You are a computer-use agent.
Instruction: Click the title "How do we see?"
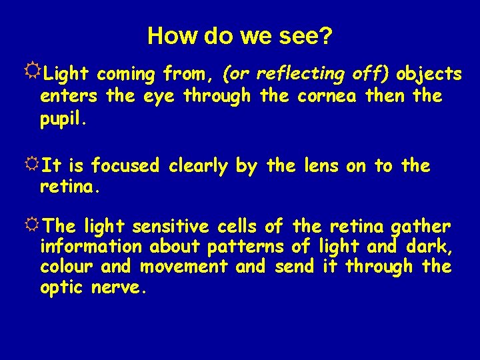239,35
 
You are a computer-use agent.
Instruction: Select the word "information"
91,247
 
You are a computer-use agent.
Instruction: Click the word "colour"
67,267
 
